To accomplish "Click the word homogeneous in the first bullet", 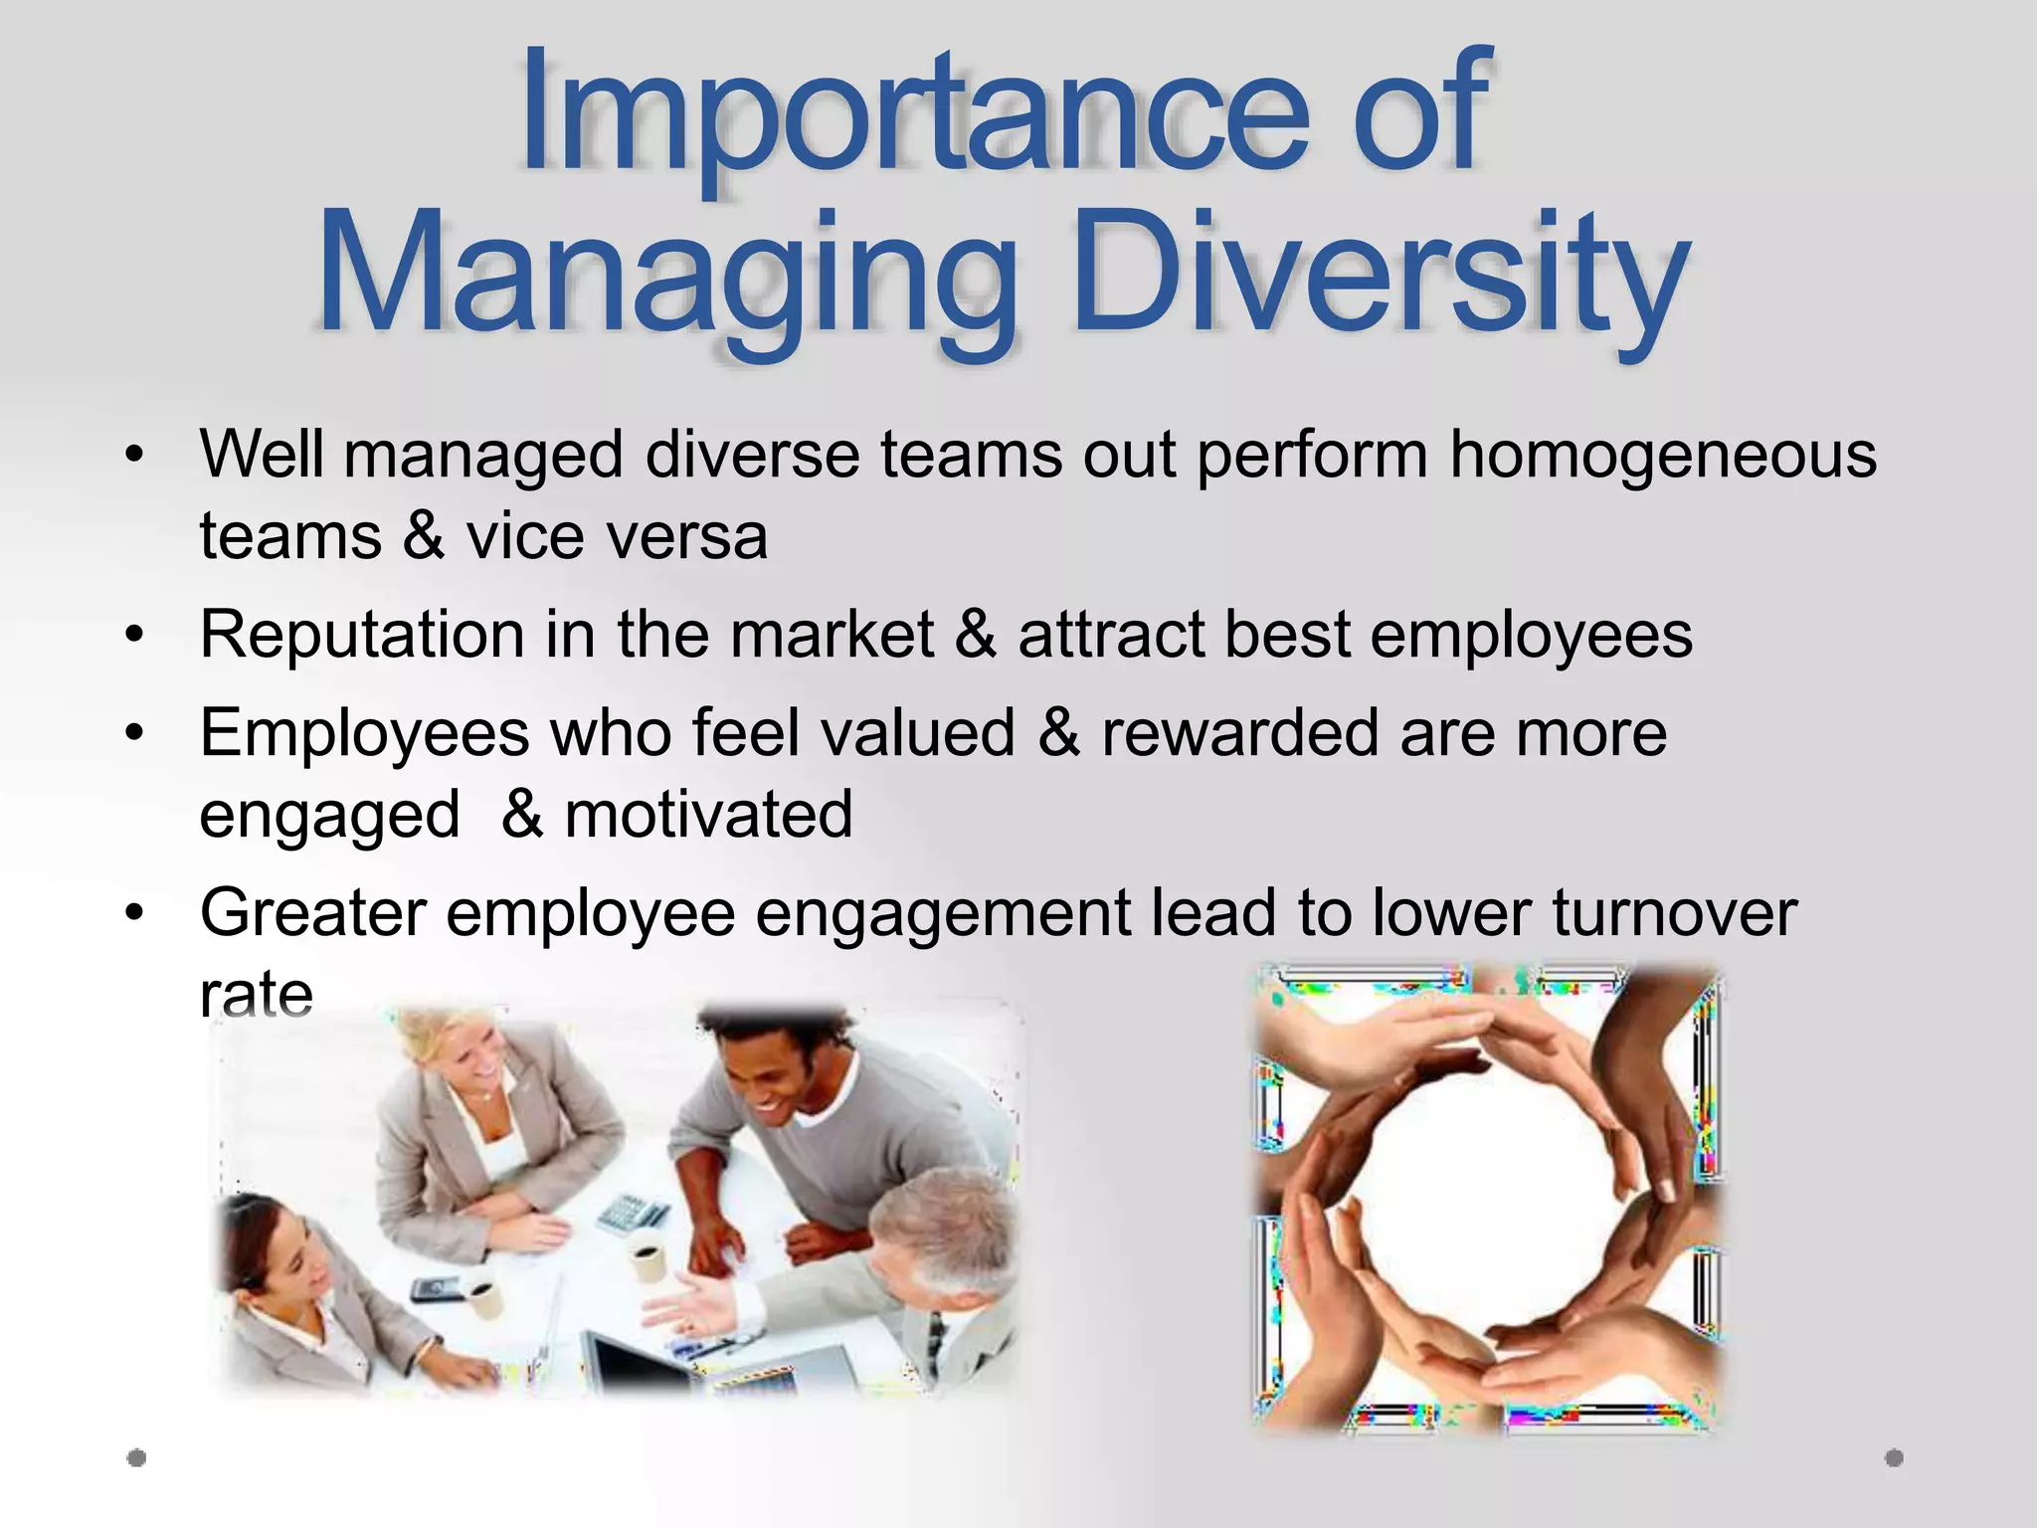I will click(x=1662, y=455).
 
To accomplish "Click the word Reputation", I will click(x=362, y=635).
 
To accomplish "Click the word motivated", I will click(x=708, y=815).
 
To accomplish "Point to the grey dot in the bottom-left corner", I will click(x=137, y=1458).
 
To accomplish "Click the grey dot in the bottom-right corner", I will click(x=1894, y=1458).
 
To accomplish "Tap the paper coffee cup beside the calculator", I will click(x=648, y=1259).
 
